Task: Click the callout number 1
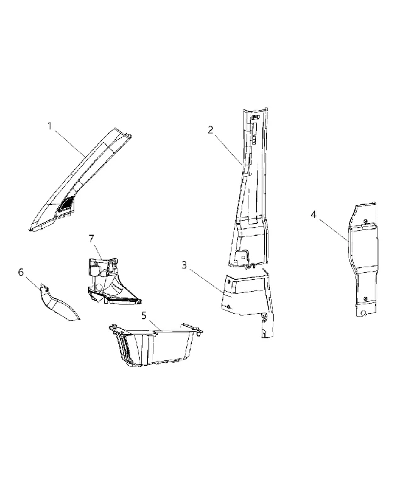50,126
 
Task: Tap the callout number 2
211,130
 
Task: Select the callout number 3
184,265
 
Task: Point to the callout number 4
313,214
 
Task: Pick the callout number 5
144,316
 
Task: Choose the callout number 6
21,272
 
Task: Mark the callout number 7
91,239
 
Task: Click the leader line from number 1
69,143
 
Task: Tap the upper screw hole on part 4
365,221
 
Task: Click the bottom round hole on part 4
363,312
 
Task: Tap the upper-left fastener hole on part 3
229,280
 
